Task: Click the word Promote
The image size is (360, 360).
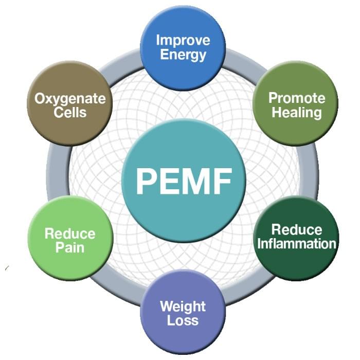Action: (297, 98)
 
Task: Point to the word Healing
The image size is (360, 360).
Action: (297, 112)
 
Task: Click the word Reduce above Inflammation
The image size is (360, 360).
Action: (297, 229)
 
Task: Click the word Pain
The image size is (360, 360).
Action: (70, 247)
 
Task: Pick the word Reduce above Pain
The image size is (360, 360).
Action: (70, 234)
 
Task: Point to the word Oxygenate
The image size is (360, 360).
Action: (70, 98)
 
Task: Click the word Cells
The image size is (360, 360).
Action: (70, 112)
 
